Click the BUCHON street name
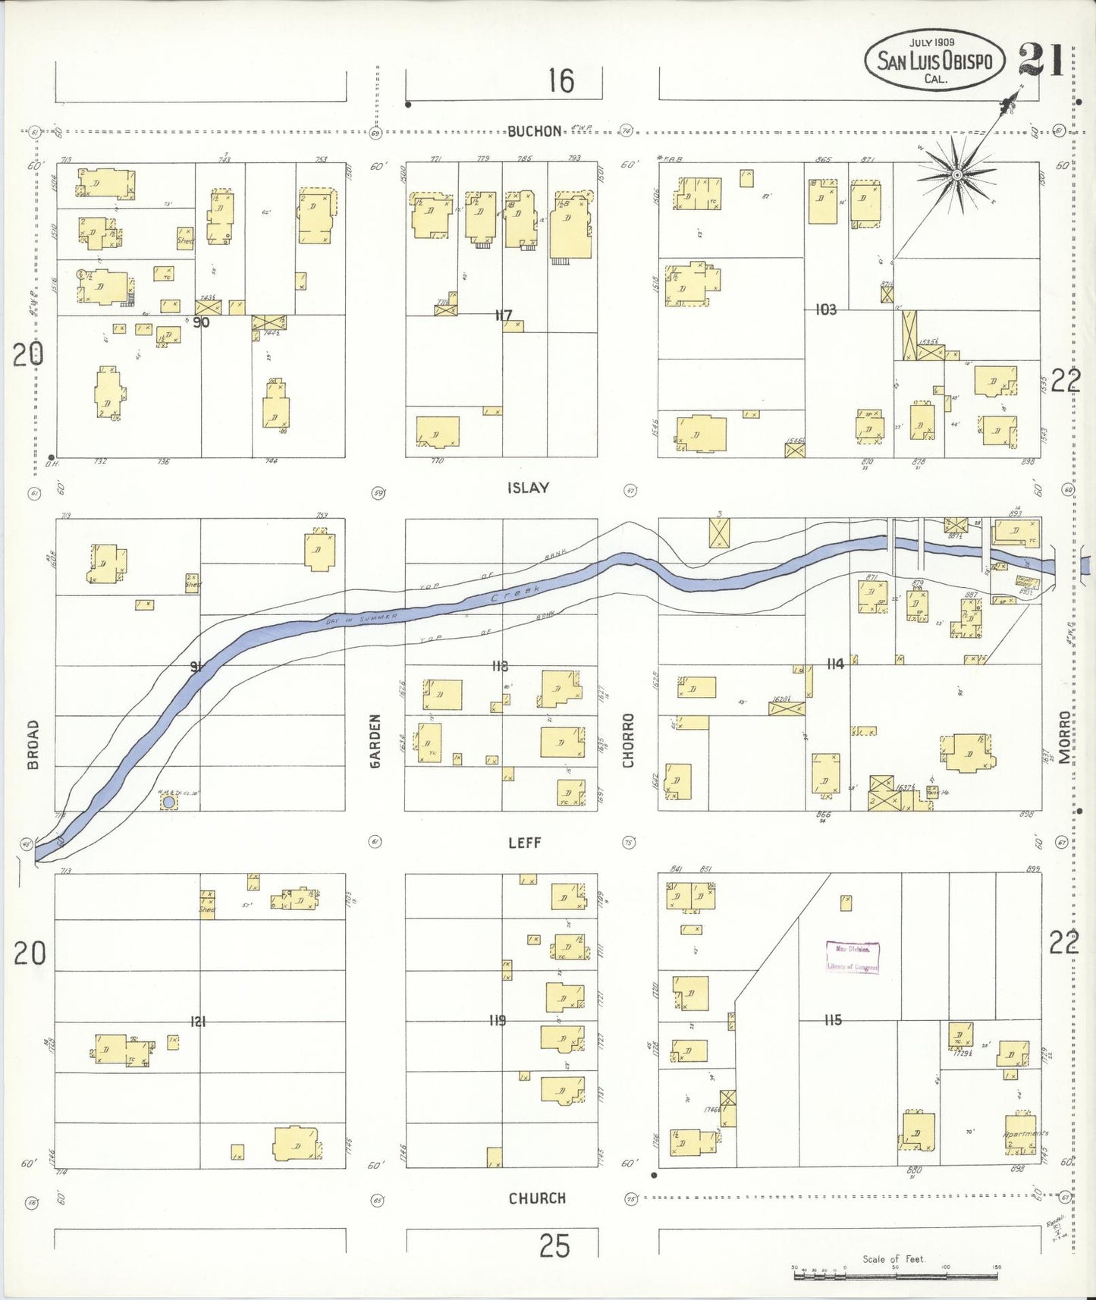point(535,131)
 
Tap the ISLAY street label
point(528,488)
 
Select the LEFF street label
point(524,842)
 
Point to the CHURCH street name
point(537,1198)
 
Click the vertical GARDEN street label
point(375,741)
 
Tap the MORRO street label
point(1065,736)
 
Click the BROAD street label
point(33,745)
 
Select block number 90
point(200,322)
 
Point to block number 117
point(503,316)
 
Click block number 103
point(825,309)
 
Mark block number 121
point(198,1022)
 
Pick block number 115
point(833,1020)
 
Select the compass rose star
point(957,175)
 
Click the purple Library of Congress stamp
point(853,957)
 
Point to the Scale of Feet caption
point(893,1258)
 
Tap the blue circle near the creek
point(169,802)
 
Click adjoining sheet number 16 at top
point(561,81)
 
